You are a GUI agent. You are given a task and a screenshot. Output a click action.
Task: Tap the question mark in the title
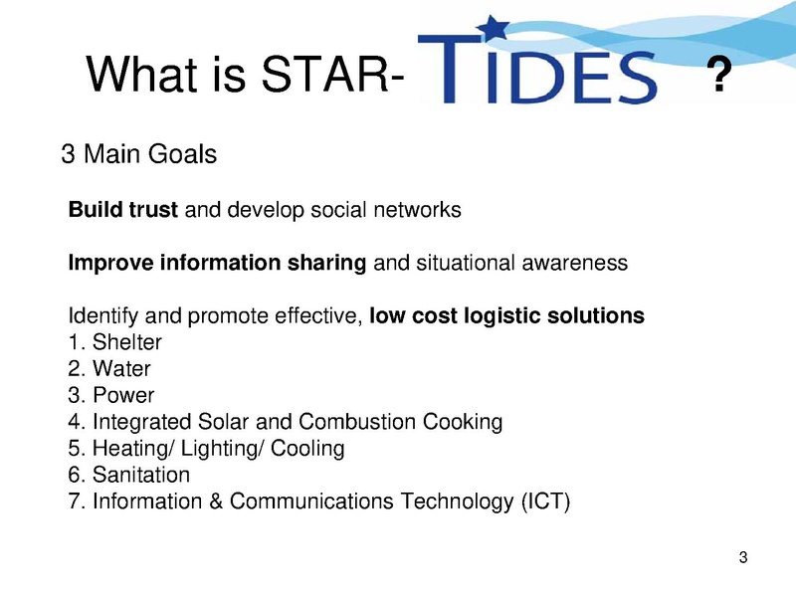pos(718,74)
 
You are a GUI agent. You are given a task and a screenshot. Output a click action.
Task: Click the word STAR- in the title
pos(332,74)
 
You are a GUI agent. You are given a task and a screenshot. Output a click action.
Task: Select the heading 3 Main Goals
pos(138,154)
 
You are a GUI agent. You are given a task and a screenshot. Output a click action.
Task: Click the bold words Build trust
pos(122,209)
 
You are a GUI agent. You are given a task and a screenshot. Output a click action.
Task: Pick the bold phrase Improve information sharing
pos(217,263)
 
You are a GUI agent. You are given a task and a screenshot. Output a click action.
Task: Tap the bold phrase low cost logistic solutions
pos(506,315)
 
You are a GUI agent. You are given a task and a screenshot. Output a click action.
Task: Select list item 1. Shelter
pos(114,342)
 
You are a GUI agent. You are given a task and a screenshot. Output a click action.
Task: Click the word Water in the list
pos(121,368)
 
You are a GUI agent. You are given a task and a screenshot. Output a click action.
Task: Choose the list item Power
pos(111,395)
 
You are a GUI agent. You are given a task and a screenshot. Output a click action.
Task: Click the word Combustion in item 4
pos(357,421)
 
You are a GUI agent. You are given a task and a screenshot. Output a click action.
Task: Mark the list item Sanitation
pos(129,475)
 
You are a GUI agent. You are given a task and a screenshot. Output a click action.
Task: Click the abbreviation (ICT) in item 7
pos(545,501)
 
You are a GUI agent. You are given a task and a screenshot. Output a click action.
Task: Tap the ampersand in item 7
pos(216,501)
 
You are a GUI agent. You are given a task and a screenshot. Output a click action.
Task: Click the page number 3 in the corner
pos(743,557)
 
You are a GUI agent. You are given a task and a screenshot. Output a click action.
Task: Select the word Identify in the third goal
pos(103,316)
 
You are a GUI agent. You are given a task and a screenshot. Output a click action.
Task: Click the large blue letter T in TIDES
pos(450,68)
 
